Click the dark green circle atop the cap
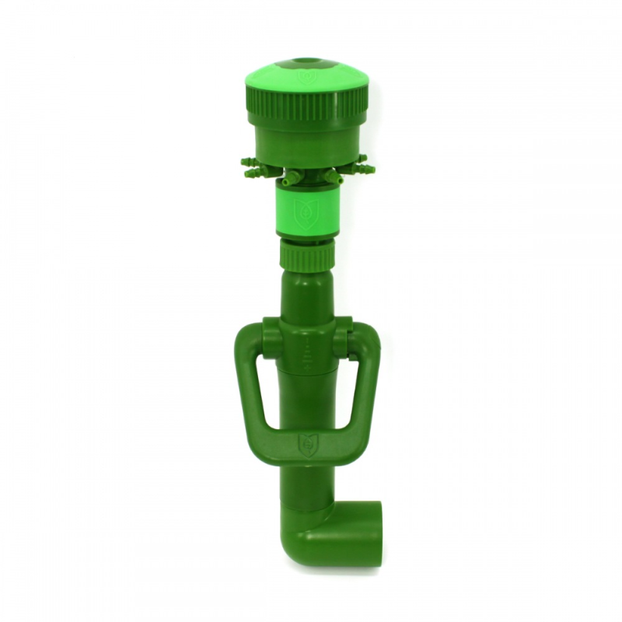point(308,62)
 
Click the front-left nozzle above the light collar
point(288,181)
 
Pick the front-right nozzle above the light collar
point(333,178)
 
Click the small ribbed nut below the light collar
point(306,254)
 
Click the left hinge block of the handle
point(270,337)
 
